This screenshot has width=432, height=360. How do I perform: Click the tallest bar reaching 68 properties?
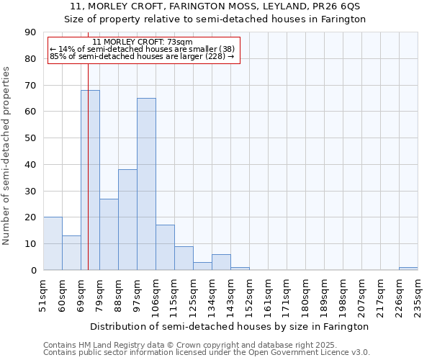[90, 180]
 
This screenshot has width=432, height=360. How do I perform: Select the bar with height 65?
[146, 184]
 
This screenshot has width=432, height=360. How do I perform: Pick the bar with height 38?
[127, 220]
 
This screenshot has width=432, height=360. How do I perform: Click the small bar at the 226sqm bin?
[408, 269]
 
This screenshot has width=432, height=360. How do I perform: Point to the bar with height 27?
[109, 234]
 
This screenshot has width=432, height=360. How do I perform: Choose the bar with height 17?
[165, 248]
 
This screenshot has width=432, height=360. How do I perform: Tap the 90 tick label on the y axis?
[30, 32]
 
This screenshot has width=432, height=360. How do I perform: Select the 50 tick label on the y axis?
[30, 138]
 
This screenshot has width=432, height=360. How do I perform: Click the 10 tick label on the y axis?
[30, 244]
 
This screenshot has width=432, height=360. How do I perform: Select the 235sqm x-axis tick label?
[418, 294]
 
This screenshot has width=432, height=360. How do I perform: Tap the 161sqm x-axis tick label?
[269, 294]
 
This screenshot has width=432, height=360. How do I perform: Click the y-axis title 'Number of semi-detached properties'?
[7, 156]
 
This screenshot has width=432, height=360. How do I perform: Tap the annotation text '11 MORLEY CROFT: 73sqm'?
[143, 42]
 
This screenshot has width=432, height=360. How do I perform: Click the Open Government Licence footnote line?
[207, 353]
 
